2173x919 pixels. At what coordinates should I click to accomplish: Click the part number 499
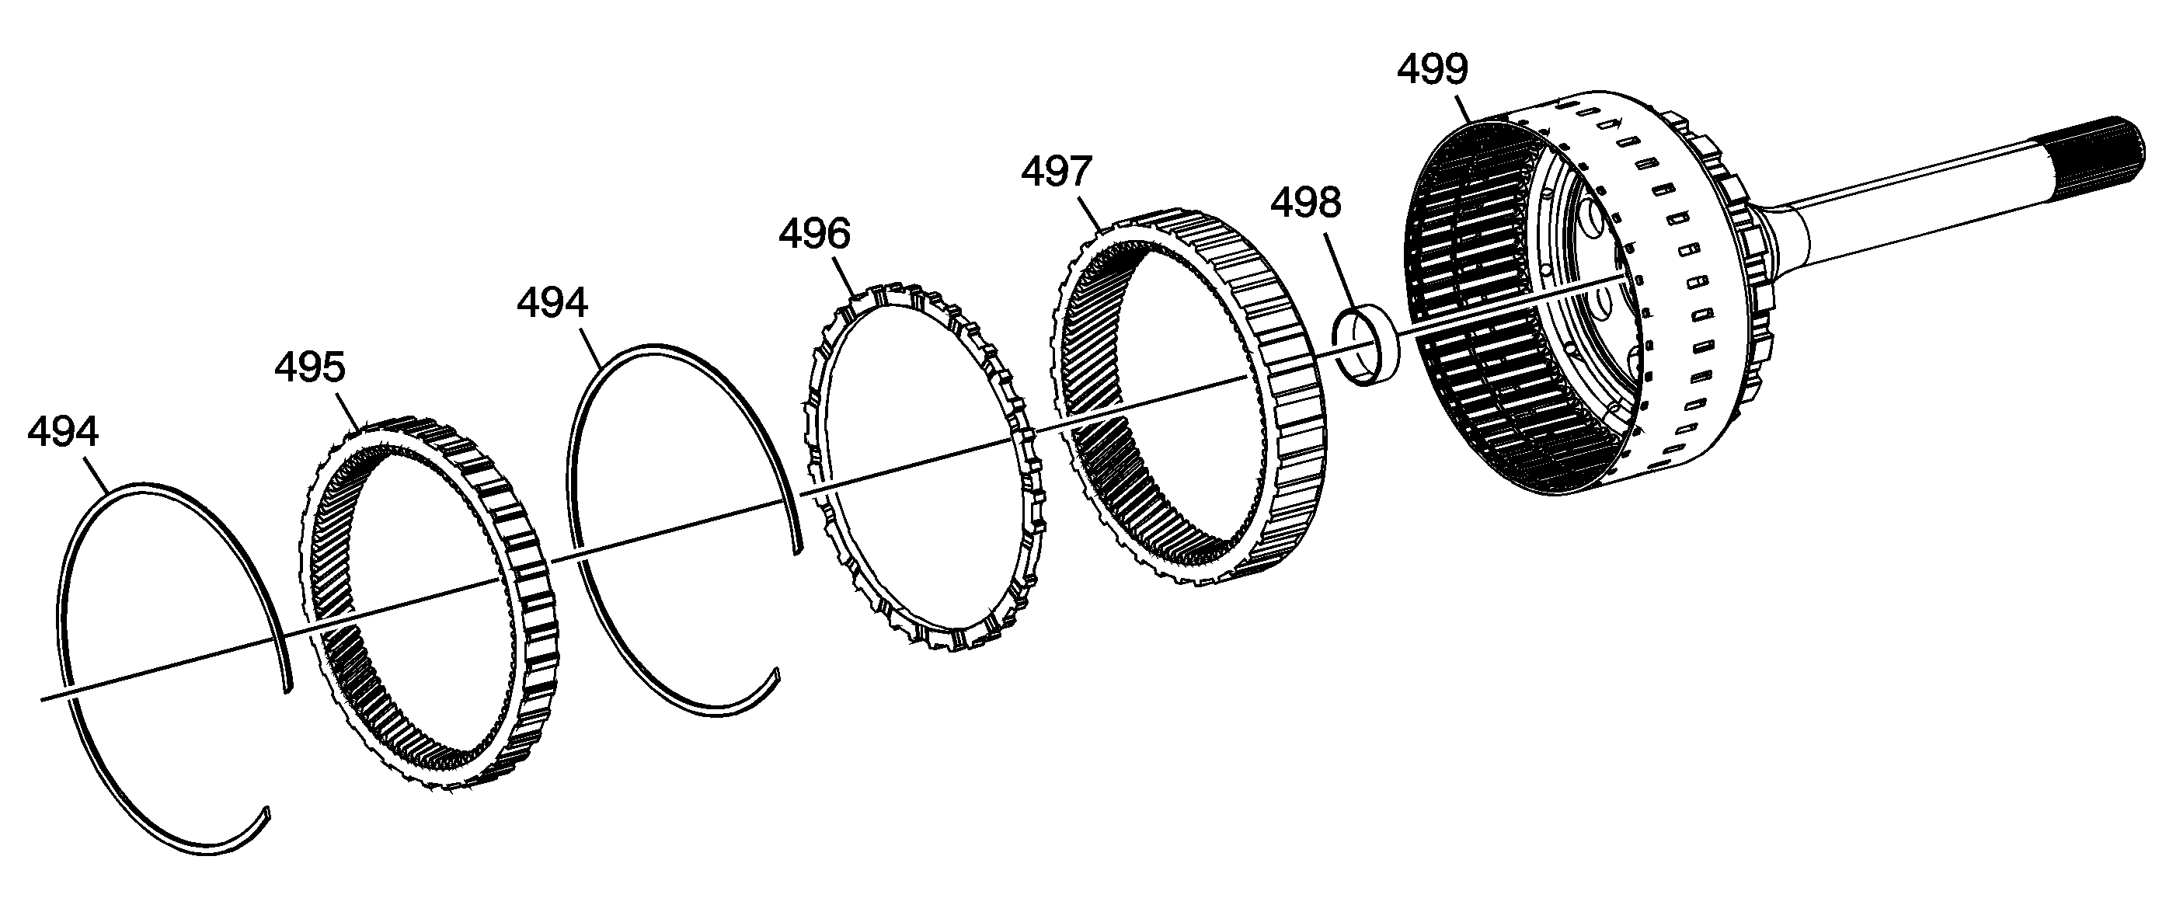tap(1433, 69)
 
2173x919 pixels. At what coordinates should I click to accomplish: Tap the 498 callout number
tap(1306, 204)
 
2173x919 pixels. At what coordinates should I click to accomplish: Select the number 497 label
tap(1057, 172)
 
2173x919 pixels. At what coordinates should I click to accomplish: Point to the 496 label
tap(814, 234)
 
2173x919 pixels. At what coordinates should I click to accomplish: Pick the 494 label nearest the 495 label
tap(63, 433)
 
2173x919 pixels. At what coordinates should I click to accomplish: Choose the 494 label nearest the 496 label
tap(552, 304)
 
